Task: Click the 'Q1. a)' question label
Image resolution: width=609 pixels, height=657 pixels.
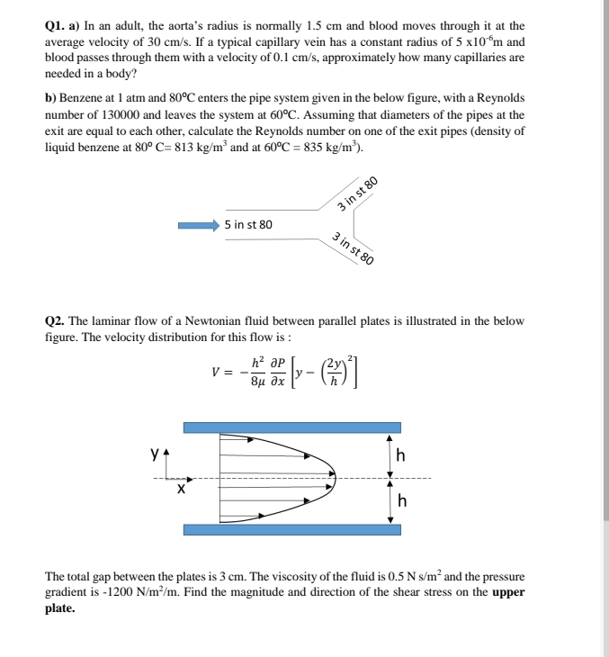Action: pyautogui.click(x=65, y=28)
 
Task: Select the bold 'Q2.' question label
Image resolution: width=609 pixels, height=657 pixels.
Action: pyautogui.click(x=56, y=321)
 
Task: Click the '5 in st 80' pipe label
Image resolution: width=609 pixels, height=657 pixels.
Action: pyautogui.click(x=249, y=224)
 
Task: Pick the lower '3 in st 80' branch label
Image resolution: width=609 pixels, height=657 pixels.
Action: pyautogui.click(x=353, y=249)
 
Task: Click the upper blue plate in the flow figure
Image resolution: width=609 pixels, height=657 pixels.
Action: pyautogui.click(x=291, y=427)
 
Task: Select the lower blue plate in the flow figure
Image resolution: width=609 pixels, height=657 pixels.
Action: pyautogui.click(x=291, y=528)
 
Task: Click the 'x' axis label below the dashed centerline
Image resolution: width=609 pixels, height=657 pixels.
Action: pyautogui.click(x=181, y=490)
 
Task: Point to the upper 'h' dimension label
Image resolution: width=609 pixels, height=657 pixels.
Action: pyautogui.click(x=400, y=456)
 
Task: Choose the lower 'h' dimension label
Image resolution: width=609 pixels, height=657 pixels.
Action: pyautogui.click(x=400, y=502)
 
